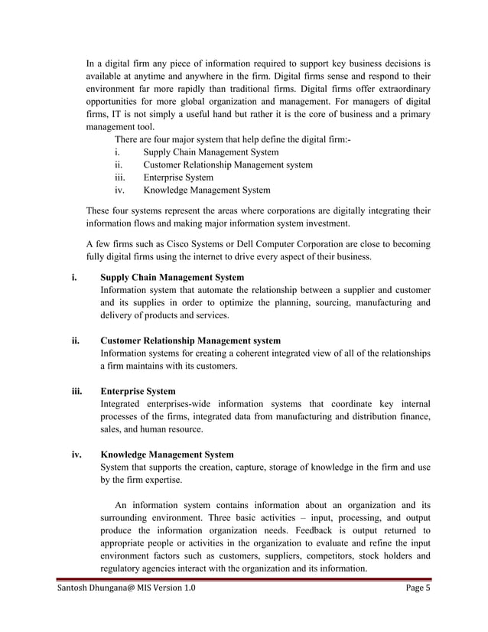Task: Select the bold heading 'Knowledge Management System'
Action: pos(168,454)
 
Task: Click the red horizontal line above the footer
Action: pos(244,580)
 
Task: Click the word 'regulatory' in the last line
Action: pos(124,568)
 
